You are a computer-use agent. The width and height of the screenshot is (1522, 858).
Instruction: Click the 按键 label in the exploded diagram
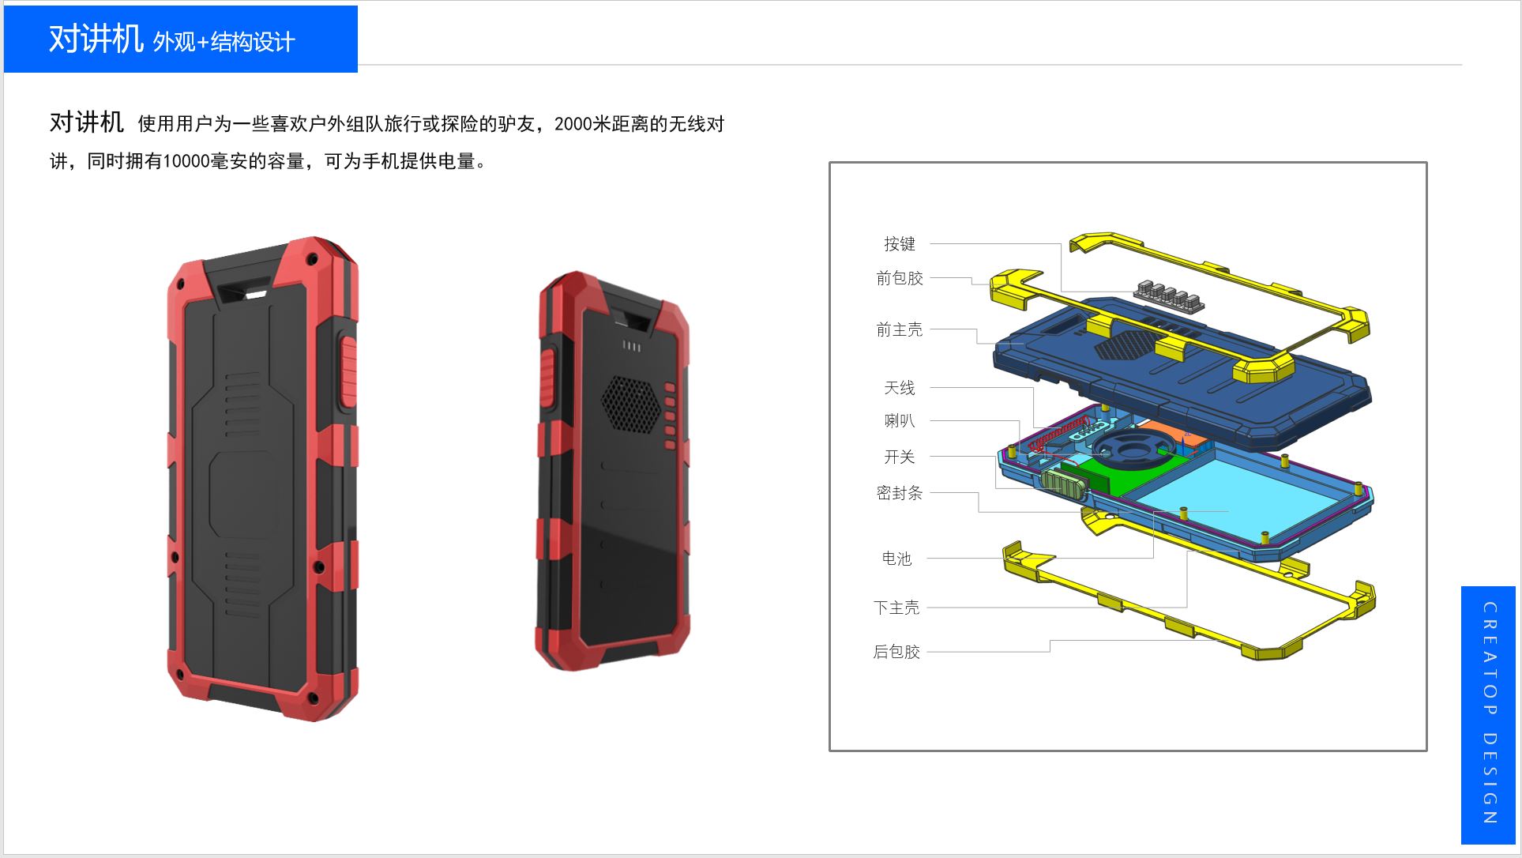(x=899, y=244)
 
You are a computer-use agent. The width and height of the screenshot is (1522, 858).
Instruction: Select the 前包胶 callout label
(x=899, y=278)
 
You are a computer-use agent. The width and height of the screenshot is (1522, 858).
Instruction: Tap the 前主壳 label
(x=899, y=329)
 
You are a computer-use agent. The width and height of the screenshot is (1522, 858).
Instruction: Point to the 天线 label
(x=899, y=388)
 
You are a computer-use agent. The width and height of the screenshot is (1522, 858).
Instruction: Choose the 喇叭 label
(x=899, y=421)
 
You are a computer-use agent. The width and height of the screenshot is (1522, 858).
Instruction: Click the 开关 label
(x=899, y=457)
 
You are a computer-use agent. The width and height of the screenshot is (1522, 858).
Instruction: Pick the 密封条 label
(x=899, y=493)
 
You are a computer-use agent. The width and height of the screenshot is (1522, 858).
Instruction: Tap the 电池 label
(x=896, y=559)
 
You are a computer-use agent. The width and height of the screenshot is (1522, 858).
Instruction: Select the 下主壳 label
(x=896, y=608)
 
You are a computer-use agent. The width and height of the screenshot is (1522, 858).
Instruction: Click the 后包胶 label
(x=896, y=652)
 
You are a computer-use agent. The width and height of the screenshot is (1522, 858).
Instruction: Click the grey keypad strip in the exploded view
(x=1167, y=295)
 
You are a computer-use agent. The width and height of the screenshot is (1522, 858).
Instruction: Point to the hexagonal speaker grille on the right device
(x=630, y=402)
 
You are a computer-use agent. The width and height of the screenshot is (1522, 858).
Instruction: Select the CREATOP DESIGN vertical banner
(x=1489, y=714)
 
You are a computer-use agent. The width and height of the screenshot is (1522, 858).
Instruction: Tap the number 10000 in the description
(x=186, y=161)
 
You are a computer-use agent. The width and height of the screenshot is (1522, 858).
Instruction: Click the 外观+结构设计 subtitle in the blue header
(x=224, y=42)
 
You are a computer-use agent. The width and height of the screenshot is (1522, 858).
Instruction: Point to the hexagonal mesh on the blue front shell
(x=1126, y=345)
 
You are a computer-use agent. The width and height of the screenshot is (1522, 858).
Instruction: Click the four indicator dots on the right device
(x=631, y=346)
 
